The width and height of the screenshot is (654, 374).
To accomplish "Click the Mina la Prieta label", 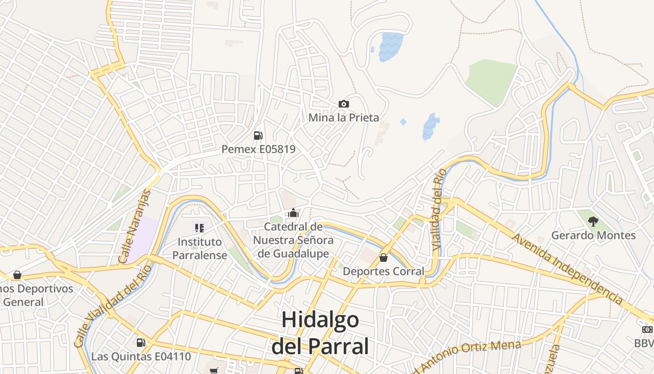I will pyautogui.click(x=343, y=117).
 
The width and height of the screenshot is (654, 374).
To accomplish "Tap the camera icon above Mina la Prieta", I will pyautogui.click(x=343, y=104).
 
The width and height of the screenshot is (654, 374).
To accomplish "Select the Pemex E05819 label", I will pyautogui.click(x=258, y=149).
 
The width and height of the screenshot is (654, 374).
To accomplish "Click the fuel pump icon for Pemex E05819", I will pyautogui.click(x=258, y=136).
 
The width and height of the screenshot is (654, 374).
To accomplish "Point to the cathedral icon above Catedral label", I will pyautogui.click(x=293, y=213).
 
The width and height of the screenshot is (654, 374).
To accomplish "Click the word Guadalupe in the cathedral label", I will pyautogui.click(x=300, y=253).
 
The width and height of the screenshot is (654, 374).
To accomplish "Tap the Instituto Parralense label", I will pyautogui.click(x=199, y=249).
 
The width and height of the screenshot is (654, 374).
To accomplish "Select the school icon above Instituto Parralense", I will pyautogui.click(x=199, y=228).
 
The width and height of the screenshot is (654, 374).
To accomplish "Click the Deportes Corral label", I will pyautogui.click(x=384, y=271).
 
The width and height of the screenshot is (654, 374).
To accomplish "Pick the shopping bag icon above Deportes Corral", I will pyautogui.click(x=384, y=258).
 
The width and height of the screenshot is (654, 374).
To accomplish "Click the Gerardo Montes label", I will pyautogui.click(x=593, y=235).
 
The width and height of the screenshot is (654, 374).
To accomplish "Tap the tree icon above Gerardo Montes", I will pyautogui.click(x=593, y=221).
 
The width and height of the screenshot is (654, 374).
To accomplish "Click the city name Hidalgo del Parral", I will pyautogui.click(x=320, y=333).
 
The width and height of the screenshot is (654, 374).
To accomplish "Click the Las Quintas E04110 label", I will pyautogui.click(x=141, y=356).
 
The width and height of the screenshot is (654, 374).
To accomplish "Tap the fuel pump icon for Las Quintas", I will pyautogui.click(x=141, y=343).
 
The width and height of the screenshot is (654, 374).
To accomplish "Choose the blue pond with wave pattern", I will pyautogui.click(x=391, y=46).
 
